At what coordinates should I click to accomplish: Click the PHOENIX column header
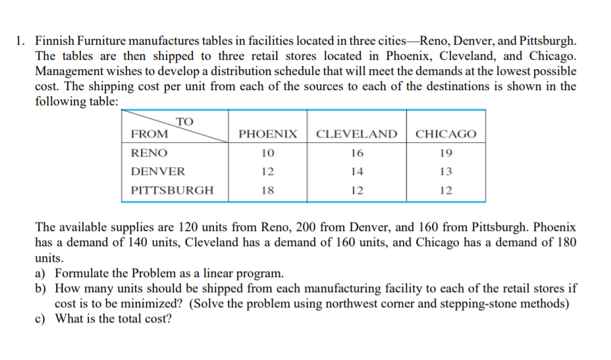267,134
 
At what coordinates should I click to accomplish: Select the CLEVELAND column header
357,134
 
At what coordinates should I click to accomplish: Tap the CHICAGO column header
446,134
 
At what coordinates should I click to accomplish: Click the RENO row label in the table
149,153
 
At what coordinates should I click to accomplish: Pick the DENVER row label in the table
158,171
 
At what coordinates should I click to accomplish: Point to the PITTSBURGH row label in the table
172,190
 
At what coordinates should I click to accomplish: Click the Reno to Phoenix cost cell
267,153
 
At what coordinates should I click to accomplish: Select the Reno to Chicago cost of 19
446,153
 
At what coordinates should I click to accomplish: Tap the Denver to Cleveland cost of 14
357,171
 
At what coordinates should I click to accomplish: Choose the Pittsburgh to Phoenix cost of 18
267,190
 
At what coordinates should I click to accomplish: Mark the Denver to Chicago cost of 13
446,171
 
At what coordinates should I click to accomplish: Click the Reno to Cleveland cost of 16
357,153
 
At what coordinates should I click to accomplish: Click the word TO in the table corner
185,121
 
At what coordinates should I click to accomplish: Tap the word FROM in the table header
149,134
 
